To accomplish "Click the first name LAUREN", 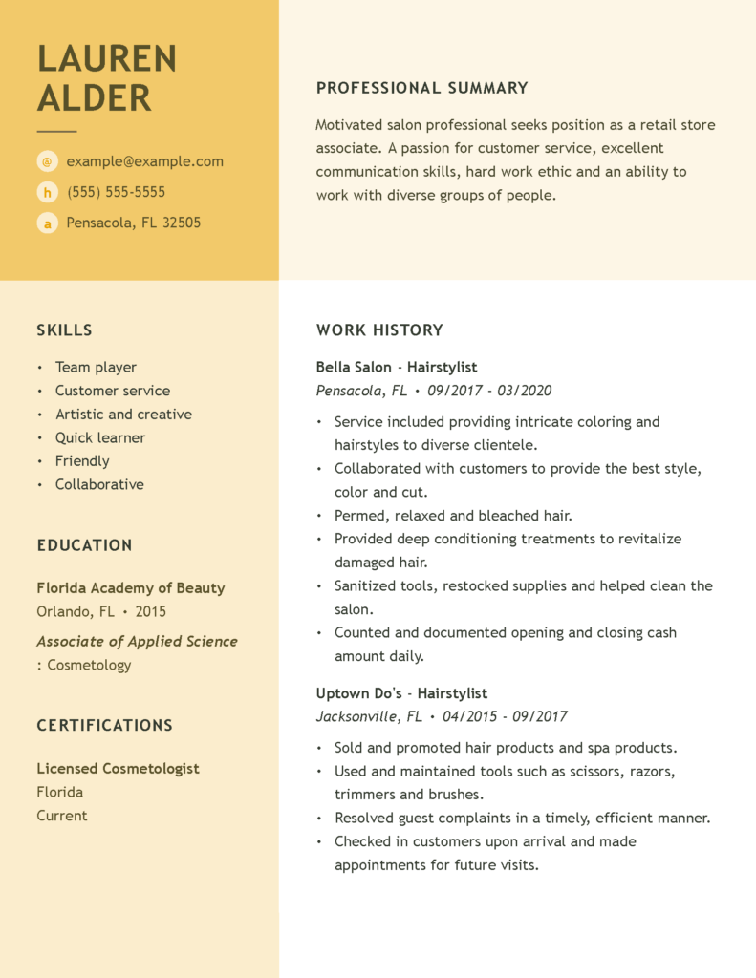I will click(x=107, y=59).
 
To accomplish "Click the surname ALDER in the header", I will click(x=94, y=98).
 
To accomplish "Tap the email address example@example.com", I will click(x=144, y=161).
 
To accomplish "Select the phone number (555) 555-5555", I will click(x=116, y=192).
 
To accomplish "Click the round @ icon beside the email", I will click(x=47, y=161).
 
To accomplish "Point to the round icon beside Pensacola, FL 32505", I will click(x=47, y=223).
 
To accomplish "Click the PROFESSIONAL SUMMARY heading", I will click(x=421, y=88).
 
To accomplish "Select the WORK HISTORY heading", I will click(x=379, y=330).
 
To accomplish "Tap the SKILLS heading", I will click(x=64, y=330).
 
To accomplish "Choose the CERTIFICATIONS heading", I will click(x=104, y=726).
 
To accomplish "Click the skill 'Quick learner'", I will click(x=100, y=437).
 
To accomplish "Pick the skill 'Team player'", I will click(x=96, y=367).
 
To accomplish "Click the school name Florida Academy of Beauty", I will click(x=131, y=588).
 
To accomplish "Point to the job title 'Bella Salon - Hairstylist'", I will click(x=397, y=367).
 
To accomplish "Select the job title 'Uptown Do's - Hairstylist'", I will click(x=401, y=693).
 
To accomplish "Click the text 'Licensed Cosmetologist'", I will click(x=118, y=768).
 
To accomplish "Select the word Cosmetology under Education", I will click(x=89, y=665).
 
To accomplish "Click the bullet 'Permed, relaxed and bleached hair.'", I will click(x=453, y=516).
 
